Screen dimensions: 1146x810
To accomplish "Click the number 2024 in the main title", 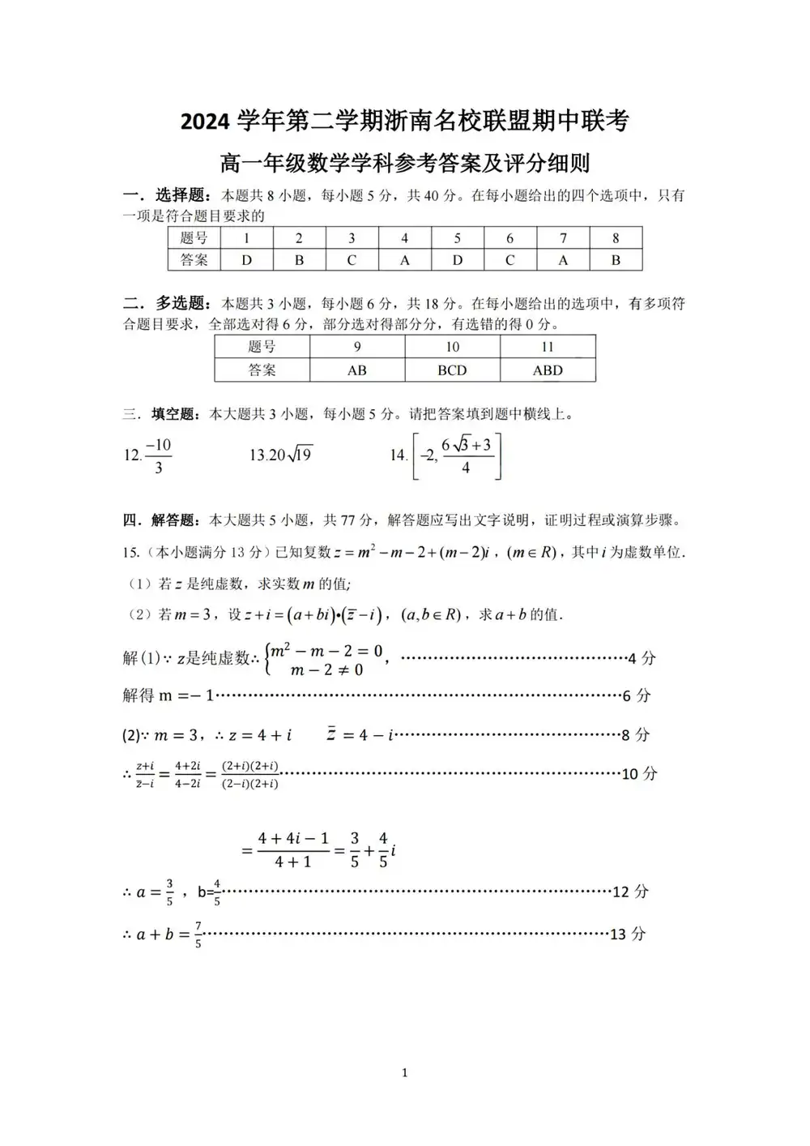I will pos(206,122).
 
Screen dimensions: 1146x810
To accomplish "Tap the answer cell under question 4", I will pos(404,260).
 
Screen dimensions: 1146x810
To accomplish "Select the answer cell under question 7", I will pos(563,260).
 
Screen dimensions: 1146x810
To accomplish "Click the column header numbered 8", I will pos(616,238).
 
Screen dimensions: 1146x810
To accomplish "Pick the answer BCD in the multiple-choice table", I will pos(452,370).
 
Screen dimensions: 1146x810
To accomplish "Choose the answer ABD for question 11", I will pos(548,370).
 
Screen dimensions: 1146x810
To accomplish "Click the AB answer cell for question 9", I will pos(356,370).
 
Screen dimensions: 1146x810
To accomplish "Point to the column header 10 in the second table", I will pos(452,347).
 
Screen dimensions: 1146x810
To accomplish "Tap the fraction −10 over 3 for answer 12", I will pos(158,456).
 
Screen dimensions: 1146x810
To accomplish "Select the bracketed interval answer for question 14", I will pos(457,456).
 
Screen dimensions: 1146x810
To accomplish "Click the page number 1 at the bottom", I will pos(404,1073).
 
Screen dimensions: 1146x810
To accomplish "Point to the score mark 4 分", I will pos(642,659).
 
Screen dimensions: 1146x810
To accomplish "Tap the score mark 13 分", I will pos(628,934).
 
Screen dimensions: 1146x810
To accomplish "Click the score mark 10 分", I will pos(639,774).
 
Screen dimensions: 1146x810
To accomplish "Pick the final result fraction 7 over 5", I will pos(198,935).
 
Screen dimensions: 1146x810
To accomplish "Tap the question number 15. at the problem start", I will pos(131,553).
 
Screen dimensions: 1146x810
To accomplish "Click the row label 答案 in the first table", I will pos(194,260).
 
